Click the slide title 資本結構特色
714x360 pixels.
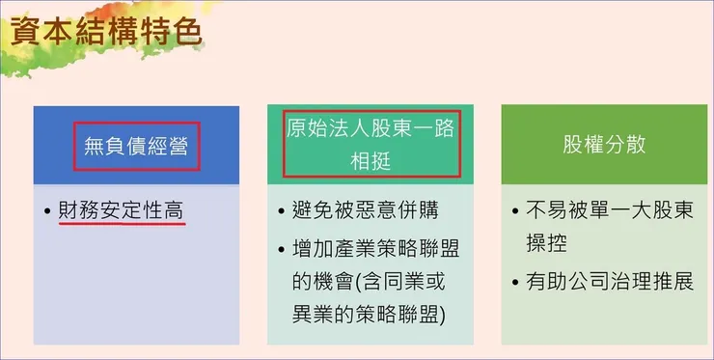click(x=105, y=33)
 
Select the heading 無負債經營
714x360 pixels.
click(x=136, y=147)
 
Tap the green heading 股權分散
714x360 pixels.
click(x=604, y=145)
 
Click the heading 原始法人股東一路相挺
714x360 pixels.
click(x=371, y=145)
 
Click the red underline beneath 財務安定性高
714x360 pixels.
click(x=122, y=225)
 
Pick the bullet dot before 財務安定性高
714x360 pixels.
click(x=47, y=210)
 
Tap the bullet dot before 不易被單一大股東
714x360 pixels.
click(x=515, y=210)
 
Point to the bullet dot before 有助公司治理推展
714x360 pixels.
click(x=515, y=284)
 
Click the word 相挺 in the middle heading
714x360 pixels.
click(x=371, y=161)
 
